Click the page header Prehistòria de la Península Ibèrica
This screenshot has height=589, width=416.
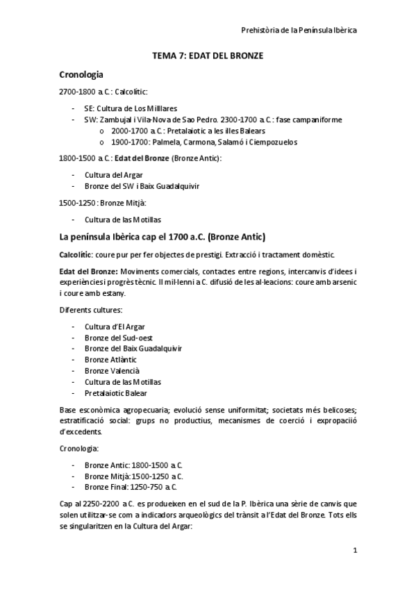coord(299,31)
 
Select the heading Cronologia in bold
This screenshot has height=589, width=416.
coord(82,73)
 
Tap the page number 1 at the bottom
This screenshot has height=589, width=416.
coord(354,551)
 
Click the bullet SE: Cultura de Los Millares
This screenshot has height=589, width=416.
coord(130,109)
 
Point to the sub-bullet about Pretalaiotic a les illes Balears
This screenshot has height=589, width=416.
coord(188,131)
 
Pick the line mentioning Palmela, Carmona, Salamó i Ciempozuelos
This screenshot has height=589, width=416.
coord(194,142)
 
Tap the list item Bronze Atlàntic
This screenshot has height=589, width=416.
coord(110,359)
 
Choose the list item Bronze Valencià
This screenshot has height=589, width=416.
coord(112,370)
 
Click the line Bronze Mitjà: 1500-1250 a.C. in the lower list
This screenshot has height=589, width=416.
coord(133,476)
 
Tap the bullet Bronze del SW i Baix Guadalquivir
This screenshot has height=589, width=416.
coord(143,186)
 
